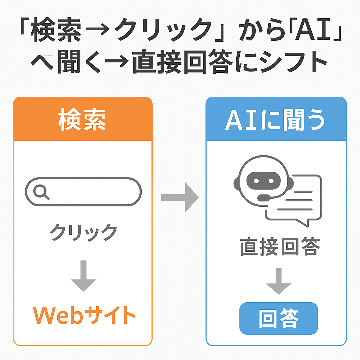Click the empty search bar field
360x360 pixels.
pos(91,192)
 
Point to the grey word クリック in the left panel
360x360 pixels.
pos(83,232)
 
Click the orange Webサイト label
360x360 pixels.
pos(84,315)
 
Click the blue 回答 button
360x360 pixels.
pos(278,318)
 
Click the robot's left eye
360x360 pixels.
pos(256,180)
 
